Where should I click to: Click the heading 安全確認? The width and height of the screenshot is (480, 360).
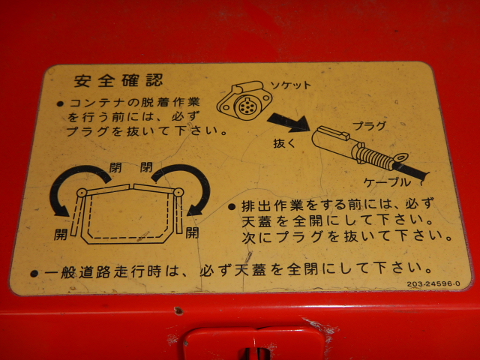[x=118, y=81]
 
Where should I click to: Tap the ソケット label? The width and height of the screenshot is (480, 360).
[x=291, y=85]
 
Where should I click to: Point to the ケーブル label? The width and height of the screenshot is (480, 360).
[x=387, y=182]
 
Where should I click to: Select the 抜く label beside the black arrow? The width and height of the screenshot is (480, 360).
[x=284, y=143]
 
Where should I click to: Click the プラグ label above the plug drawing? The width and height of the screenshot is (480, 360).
[x=369, y=126]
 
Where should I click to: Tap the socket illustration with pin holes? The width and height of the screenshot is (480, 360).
[x=244, y=100]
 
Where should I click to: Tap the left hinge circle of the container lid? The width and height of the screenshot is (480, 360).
[x=82, y=193]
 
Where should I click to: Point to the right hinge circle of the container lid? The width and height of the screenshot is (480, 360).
[x=178, y=192]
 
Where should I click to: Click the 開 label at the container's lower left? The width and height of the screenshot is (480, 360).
[x=61, y=235]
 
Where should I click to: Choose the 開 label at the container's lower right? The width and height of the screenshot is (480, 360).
[x=192, y=233]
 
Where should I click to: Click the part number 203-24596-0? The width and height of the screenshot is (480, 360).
[x=433, y=283]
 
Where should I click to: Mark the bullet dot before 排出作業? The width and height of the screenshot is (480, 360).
[x=232, y=207]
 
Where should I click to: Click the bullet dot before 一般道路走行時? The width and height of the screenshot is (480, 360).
[x=34, y=273]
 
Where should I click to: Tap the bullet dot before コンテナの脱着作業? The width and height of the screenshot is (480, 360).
[x=60, y=103]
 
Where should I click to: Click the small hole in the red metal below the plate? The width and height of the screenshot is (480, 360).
[x=178, y=311]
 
